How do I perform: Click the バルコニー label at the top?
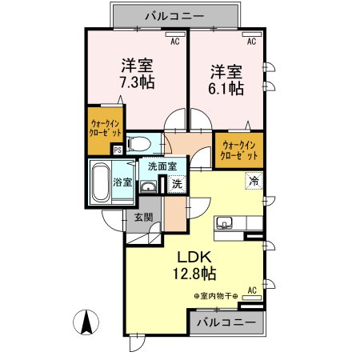point(175,15)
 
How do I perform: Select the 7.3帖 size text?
point(138,82)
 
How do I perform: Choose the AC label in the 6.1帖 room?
point(251,40)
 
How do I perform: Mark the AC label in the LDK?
point(251,290)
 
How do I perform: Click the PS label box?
point(118,149)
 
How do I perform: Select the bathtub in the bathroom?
point(100,183)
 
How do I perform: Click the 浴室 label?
point(122,182)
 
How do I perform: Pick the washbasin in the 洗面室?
point(148,186)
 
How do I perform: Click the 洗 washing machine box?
point(177,184)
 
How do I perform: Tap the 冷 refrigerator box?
point(253,181)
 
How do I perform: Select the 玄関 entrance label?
point(143,216)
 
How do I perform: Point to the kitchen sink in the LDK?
point(224,223)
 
